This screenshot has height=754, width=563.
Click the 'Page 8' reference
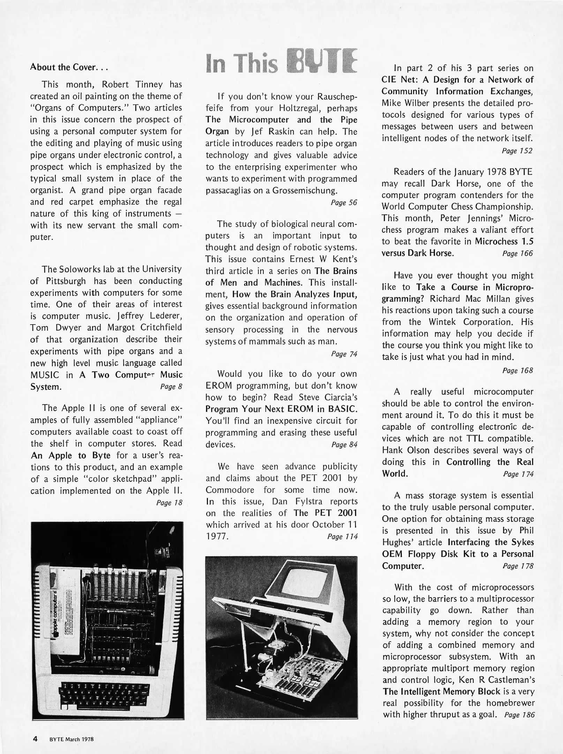(171, 386)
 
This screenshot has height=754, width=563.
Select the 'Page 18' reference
(169, 503)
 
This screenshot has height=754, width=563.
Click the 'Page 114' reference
(342, 537)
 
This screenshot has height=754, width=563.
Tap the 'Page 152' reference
(517, 151)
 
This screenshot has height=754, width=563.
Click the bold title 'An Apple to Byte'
(71, 456)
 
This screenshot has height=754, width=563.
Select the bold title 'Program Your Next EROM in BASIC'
(281, 409)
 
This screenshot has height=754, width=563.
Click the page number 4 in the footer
(35, 739)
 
